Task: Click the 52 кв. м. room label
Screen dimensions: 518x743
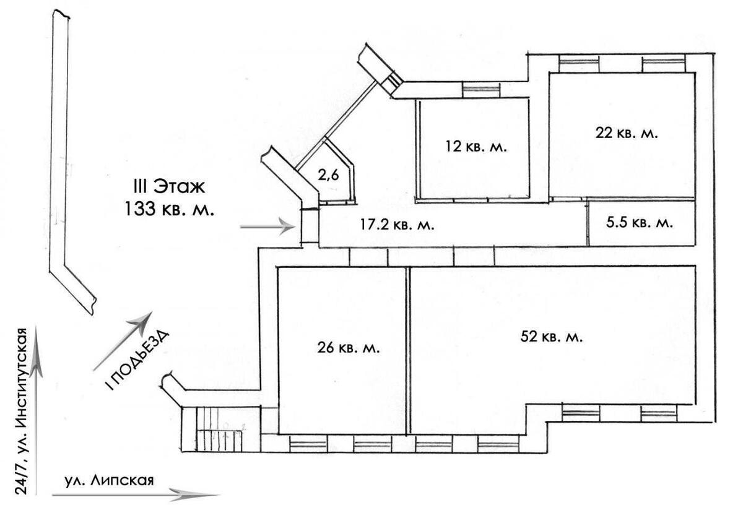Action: [x=554, y=337]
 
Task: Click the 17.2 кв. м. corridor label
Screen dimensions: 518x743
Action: [x=397, y=225]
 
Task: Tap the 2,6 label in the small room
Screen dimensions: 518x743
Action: [x=328, y=176]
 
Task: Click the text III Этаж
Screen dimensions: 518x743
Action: [x=170, y=186]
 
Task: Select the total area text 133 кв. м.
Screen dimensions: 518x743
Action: [x=170, y=209]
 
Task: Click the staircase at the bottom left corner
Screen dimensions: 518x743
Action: [x=221, y=430]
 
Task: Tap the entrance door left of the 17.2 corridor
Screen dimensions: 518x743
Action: [x=309, y=227]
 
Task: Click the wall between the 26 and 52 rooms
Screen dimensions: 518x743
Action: [x=407, y=350]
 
